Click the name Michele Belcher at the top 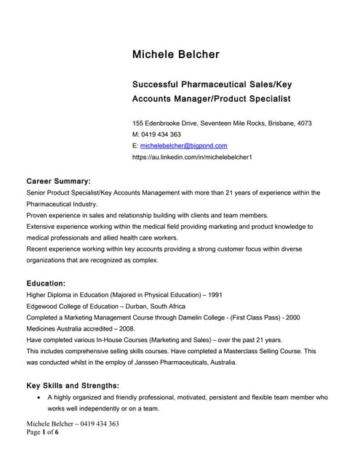click(175, 54)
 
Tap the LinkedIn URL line click(192, 157)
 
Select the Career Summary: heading click(58, 180)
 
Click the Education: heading click(46, 283)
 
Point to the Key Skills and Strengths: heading click(73, 385)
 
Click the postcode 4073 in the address click(304, 124)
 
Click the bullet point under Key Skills click(37, 398)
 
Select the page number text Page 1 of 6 click(43, 433)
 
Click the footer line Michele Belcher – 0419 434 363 click(73, 424)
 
